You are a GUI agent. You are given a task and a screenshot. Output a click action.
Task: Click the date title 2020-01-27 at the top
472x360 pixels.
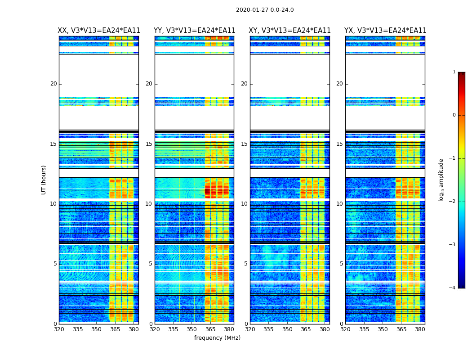tap(265, 10)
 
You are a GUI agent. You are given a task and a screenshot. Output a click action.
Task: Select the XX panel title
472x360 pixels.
tap(99, 31)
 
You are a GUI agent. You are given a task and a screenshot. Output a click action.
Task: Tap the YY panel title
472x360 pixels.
tap(194, 31)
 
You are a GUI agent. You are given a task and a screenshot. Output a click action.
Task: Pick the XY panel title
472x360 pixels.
tap(290, 31)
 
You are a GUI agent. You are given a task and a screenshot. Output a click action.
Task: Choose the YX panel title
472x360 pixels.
tap(385, 31)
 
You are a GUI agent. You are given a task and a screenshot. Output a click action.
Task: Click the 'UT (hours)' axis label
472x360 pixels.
tap(44, 180)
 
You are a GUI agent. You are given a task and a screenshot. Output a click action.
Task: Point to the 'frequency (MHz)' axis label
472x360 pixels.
tap(217, 338)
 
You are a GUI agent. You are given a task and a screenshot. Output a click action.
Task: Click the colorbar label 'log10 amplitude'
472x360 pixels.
tap(441, 180)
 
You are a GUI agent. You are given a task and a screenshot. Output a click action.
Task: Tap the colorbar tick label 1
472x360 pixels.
tap(454, 72)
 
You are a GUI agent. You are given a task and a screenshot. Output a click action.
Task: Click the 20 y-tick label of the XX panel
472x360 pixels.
tap(53, 84)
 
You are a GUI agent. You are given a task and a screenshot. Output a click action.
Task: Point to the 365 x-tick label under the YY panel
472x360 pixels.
tap(210, 329)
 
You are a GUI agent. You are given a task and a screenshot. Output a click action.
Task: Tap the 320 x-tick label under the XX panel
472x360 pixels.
tap(59, 329)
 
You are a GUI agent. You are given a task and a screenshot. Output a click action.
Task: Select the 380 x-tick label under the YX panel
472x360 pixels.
tap(420, 329)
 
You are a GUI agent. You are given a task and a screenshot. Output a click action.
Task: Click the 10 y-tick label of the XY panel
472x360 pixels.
tap(244, 204)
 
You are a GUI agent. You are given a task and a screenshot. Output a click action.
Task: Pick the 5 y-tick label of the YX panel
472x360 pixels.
tap(341, 264)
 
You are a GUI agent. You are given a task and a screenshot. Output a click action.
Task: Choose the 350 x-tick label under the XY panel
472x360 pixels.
tap(287, 329)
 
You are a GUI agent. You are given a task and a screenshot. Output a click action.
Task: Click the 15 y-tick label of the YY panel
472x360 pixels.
tap(149, 144)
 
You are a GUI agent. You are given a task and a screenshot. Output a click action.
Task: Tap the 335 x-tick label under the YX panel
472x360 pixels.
tap(364, 329)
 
